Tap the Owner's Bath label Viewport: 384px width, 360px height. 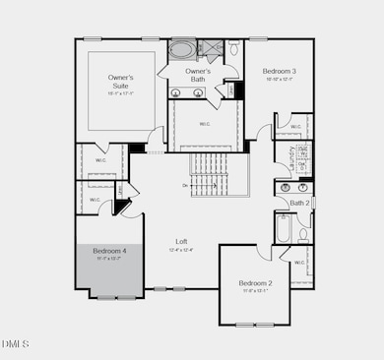(198, 75)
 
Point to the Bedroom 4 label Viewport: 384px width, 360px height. (109, 251)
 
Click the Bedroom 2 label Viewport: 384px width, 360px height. (255, 283)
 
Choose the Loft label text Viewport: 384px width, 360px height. (182, 241)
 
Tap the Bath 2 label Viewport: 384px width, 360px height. (299, 203)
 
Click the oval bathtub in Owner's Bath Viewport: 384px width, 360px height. (183, 48)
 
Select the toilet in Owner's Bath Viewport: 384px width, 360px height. (235, 48)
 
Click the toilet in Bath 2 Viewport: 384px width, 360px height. (304, 234)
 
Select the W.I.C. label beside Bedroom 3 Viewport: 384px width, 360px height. (295, 126)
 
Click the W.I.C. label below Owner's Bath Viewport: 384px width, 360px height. (205, 124)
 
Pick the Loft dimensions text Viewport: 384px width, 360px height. (182, 250)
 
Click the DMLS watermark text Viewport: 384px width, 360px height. (16, 343)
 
